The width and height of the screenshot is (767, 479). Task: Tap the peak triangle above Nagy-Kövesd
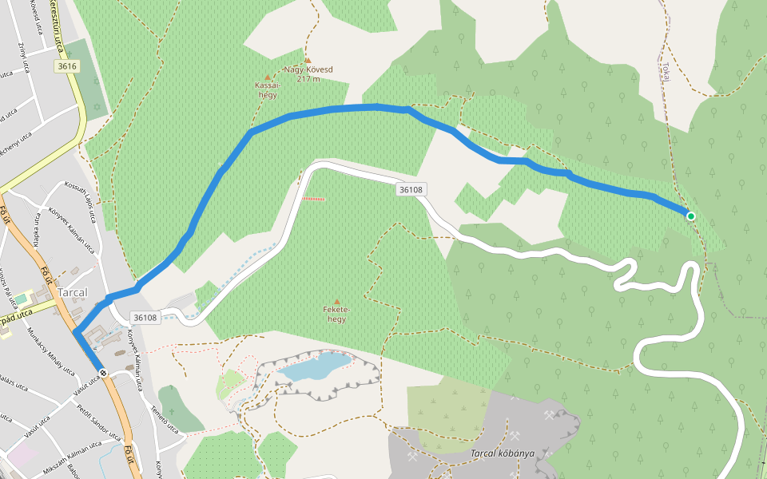[308, 60]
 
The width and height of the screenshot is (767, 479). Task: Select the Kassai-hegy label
[267, 89]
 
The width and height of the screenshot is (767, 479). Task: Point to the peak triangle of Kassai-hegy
[267, 77]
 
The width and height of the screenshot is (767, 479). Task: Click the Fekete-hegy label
[336, 315]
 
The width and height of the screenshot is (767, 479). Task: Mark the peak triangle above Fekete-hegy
[336, 302]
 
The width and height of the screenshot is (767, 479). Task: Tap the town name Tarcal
[72, 292]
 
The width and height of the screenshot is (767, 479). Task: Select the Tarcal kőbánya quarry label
[502, 453]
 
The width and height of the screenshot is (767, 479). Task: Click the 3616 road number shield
[67, 66]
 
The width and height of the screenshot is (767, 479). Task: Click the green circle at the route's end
[690, 216]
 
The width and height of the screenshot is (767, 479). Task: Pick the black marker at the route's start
[103, 373]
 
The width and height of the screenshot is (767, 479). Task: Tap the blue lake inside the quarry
[316, 367]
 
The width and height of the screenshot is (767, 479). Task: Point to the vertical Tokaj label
[664, 67]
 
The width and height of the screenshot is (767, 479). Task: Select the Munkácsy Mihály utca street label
[50, 351]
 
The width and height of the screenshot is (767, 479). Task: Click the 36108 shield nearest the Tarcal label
[145, 317]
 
